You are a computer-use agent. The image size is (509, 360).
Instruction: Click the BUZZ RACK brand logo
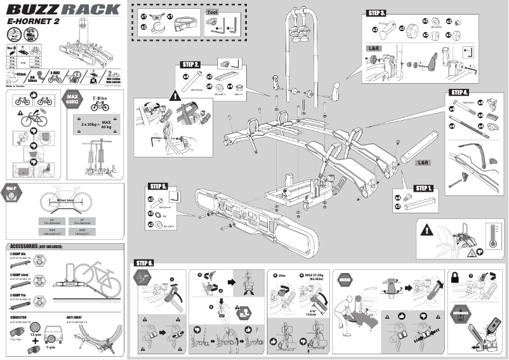pos(63,10)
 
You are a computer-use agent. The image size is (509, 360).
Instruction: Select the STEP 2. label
pos(192,65)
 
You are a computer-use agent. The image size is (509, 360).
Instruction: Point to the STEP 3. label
pos(377,13)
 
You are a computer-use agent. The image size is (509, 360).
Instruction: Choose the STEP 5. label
pos(158,187)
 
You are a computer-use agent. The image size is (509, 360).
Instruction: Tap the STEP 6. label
pos(144,262)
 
